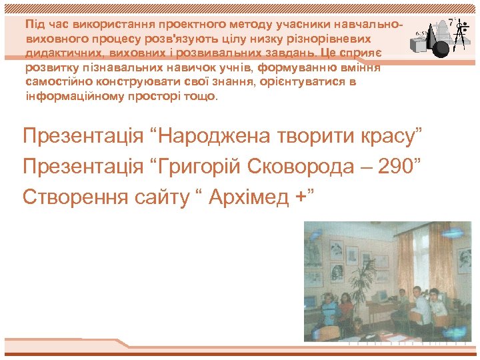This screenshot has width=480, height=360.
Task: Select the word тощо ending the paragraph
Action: pos(204,95)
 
